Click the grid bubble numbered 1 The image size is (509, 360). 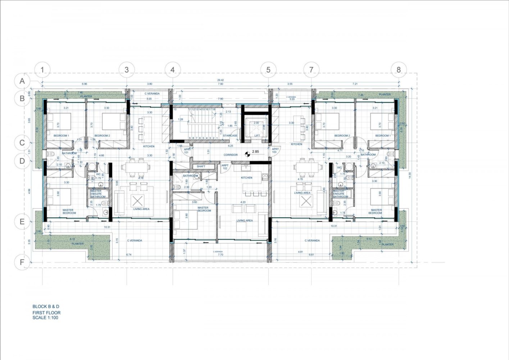pos(42,69)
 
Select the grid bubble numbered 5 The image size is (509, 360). pos(268,69)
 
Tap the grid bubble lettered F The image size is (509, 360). pos(22,262)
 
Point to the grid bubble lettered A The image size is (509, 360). pos(22,81)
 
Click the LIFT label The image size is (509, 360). pos(257,136)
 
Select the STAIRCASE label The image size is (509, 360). pos(230,136)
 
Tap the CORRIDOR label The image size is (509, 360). pos(231,155)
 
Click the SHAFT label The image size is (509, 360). pos(201,166)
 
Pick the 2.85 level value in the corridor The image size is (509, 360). pos(255,152)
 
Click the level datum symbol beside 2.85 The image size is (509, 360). pos(247,154)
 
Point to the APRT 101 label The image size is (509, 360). pos(187,150)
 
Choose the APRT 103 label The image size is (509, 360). pos(276,150)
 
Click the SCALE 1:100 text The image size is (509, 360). pos(45,318)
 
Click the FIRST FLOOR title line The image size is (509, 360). pos(46,312)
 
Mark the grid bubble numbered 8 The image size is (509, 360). pos(399,69)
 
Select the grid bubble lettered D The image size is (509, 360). pos(22,161)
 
